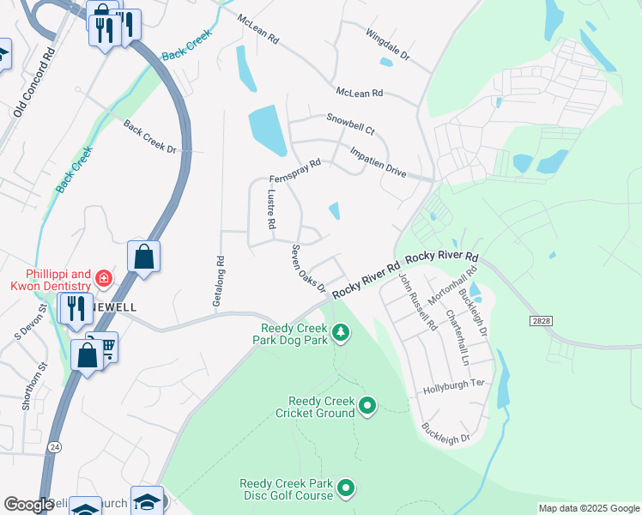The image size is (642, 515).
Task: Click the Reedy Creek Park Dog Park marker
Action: click(x=341, y=332)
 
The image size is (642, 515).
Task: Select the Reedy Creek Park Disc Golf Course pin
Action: click(x=346, y=488)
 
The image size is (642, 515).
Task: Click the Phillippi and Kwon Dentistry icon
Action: click(x=103, y=278)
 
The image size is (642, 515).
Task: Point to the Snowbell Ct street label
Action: click(x=351, y=124)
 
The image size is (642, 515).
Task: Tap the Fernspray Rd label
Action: click(x=294, y=169)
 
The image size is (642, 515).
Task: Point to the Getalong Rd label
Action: click(x=218, y=282)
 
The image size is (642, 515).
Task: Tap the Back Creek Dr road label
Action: click(x=149, y=137)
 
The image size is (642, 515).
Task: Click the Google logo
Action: click(x=27, y=505)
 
